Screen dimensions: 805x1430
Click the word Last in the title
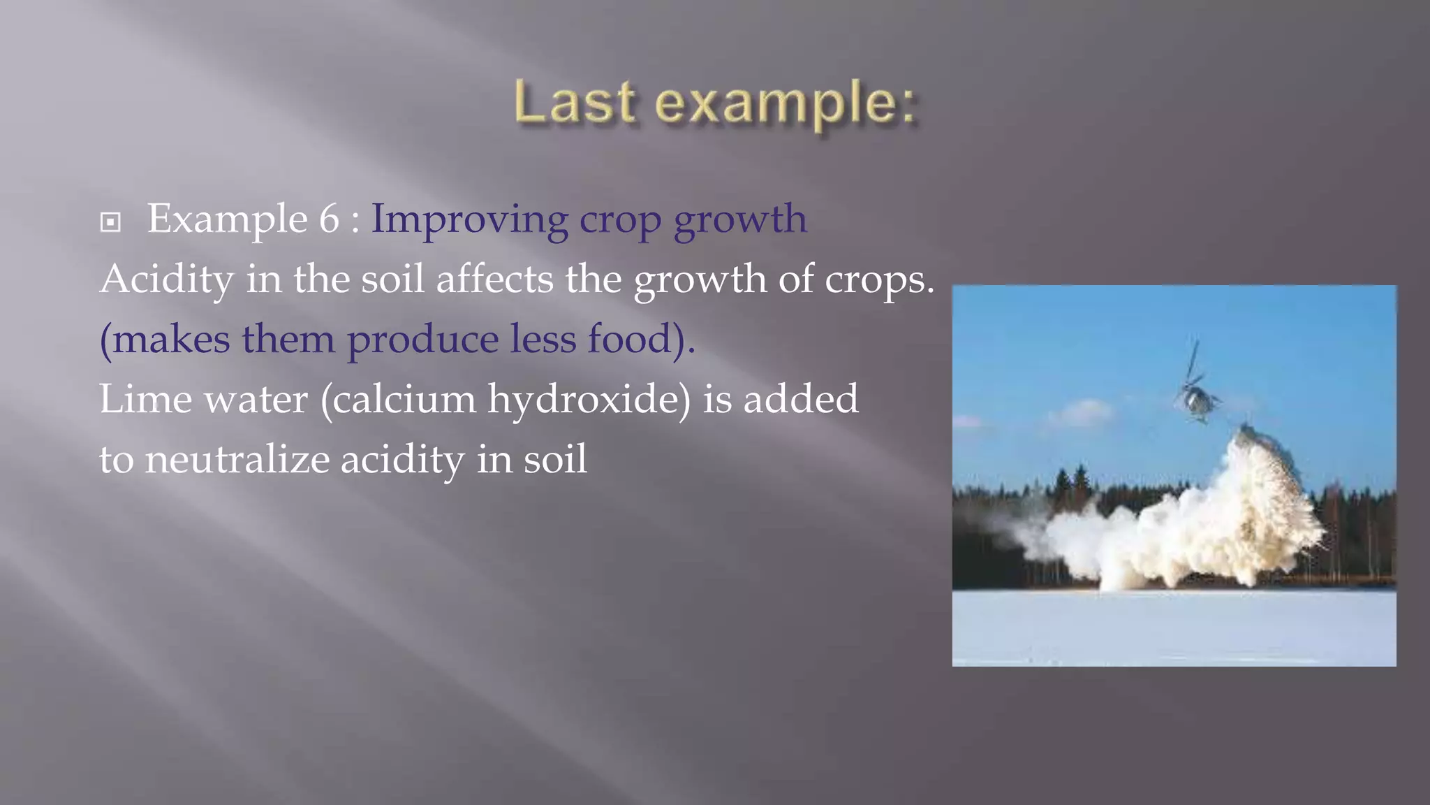tap(575, 103)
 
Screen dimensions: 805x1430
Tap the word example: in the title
tap(786, 105)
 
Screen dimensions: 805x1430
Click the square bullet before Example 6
tap(110, 223)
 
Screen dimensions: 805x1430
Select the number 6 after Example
tap(329, 219)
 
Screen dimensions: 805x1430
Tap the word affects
tap(494, 280)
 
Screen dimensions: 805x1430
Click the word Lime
tap(145, 400)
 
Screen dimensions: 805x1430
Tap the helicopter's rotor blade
tap(1193, 359)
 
